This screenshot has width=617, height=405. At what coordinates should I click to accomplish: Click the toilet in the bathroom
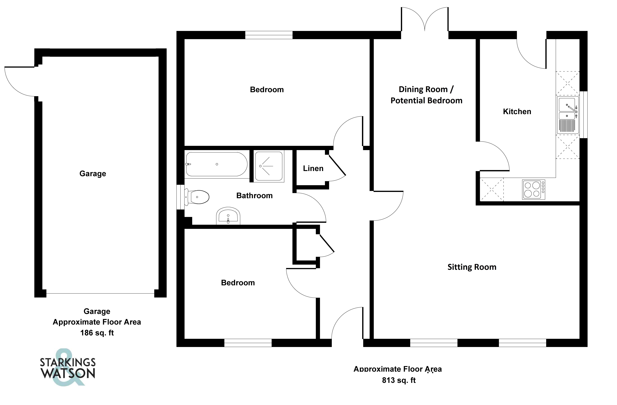(198, 197)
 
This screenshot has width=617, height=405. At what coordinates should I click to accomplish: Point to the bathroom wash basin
(228, 216)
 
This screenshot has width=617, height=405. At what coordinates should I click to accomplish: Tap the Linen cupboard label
(313, 169)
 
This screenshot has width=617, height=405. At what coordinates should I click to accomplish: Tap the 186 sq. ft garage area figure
(97, 333)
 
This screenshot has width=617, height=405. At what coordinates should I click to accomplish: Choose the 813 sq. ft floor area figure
(399, 380)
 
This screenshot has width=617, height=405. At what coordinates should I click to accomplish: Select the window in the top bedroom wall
(269, 35)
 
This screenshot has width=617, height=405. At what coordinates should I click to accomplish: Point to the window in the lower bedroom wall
(248, 343)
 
